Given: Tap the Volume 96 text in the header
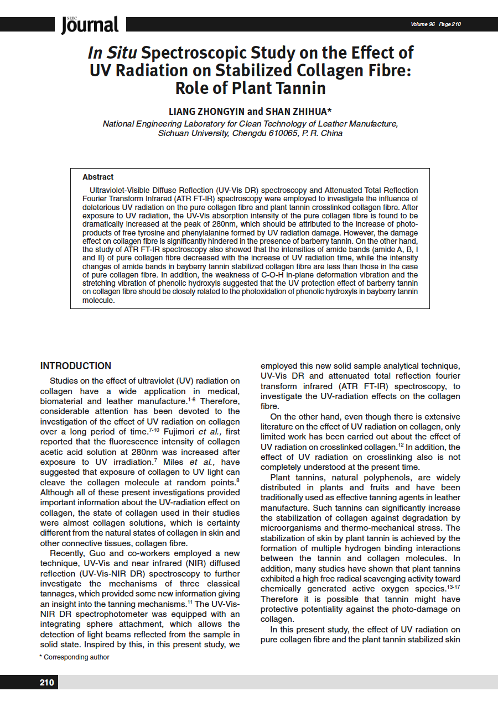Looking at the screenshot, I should coord(423,24).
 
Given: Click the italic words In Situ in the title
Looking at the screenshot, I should coord(112,53).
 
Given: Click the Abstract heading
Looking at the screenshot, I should coord(98,177).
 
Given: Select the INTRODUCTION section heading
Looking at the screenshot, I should coord(76,366).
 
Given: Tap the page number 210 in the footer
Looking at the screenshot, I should coord(47,682).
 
